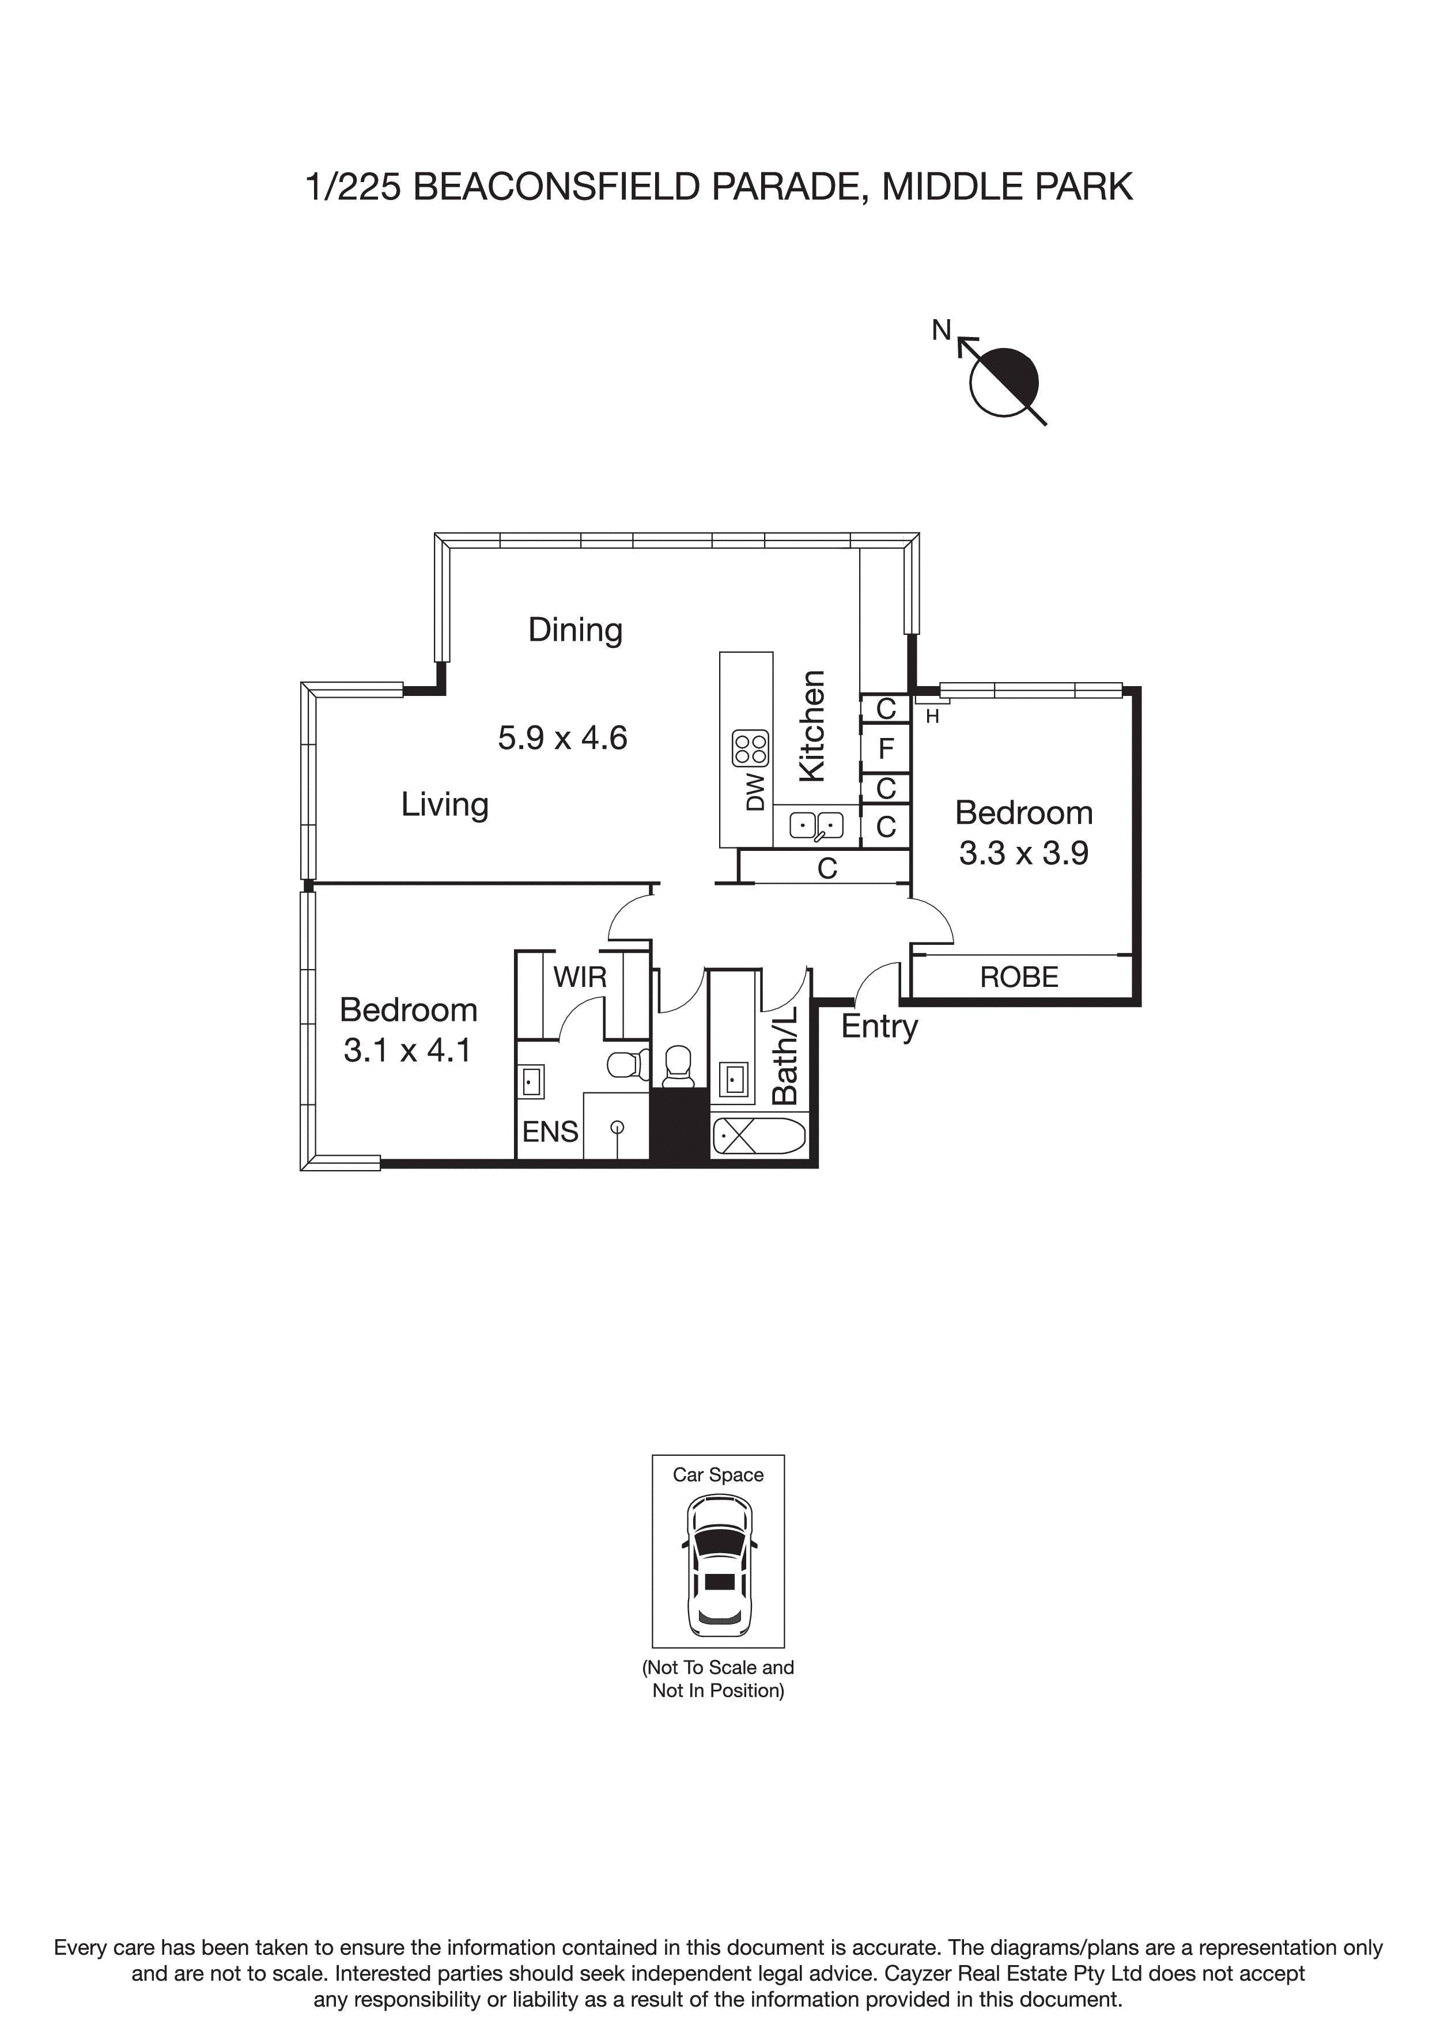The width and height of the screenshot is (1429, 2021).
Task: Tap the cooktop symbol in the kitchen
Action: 750,748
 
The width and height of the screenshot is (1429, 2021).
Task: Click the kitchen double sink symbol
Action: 816,826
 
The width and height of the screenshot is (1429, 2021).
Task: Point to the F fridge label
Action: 886,748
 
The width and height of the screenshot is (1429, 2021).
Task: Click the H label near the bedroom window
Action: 932,717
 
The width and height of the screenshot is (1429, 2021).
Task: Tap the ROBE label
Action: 1019,977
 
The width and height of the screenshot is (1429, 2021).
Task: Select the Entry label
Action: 879,1027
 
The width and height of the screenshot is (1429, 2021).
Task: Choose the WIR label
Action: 579,977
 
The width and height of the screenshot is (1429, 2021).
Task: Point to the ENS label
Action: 550,1132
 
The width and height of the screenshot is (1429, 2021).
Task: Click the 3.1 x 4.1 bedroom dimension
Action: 407,1050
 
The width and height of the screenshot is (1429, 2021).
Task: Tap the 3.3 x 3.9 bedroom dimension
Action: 1023,853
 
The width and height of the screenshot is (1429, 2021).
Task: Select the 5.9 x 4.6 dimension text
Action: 562,737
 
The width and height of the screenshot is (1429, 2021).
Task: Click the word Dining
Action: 575,630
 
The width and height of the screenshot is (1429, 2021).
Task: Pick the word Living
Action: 445,804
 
